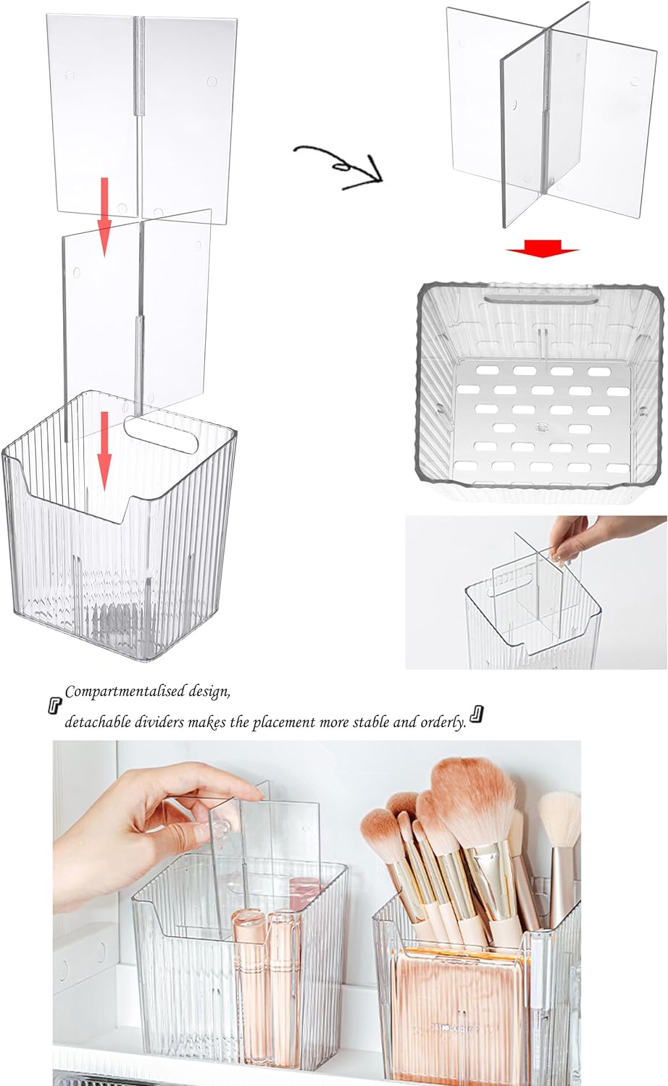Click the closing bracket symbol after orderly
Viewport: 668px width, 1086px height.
pyautogui.click(x=476, y=715)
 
